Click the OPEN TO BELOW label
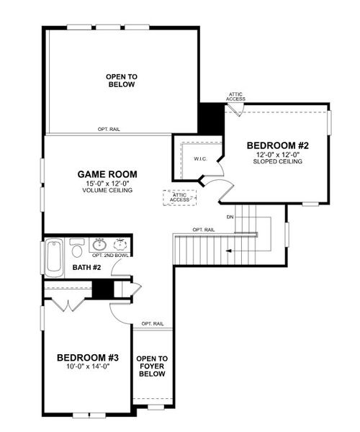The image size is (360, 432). point(121,80)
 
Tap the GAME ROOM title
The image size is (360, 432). point(107,174)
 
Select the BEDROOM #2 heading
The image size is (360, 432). point(277,144)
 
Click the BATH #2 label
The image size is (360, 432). point(86,269)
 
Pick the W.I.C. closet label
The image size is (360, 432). point(200,159)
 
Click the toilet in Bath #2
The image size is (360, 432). point(77,249)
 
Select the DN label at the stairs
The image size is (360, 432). point(230,216)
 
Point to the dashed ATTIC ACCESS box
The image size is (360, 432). point(179,197)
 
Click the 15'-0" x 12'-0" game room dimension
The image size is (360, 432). point(107,184)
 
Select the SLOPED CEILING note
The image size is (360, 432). point(277,162)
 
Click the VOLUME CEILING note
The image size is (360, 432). point(107,192)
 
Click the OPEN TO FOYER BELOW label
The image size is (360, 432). point(152,366)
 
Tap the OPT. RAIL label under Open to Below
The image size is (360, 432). point(109,130)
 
